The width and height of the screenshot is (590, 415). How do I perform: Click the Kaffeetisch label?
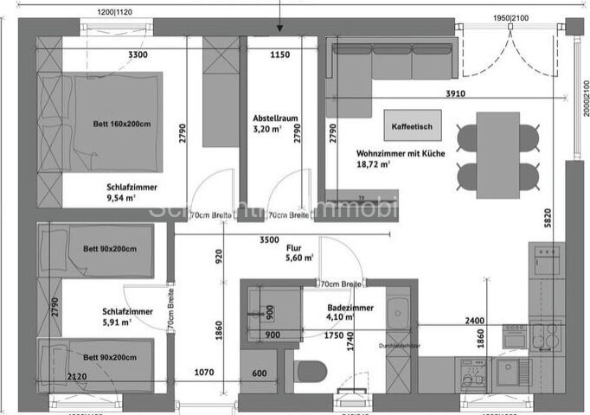click(411, 125)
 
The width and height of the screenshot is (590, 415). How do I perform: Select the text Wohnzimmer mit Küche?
click(401, 153)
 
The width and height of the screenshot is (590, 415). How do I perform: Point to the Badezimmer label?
click(350, 306)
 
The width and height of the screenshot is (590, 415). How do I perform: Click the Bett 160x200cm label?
click(122, 124)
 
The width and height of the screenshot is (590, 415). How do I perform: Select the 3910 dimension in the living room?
click(454, 93)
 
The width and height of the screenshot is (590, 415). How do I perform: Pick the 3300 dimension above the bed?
click(138, 54)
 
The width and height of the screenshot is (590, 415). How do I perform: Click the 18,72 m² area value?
click(373, 163)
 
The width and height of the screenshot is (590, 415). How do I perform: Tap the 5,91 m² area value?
click(117, 322)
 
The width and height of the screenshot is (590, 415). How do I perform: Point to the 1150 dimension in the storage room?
click(279, 54)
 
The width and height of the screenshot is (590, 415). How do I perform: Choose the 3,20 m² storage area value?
click(264, 130)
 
